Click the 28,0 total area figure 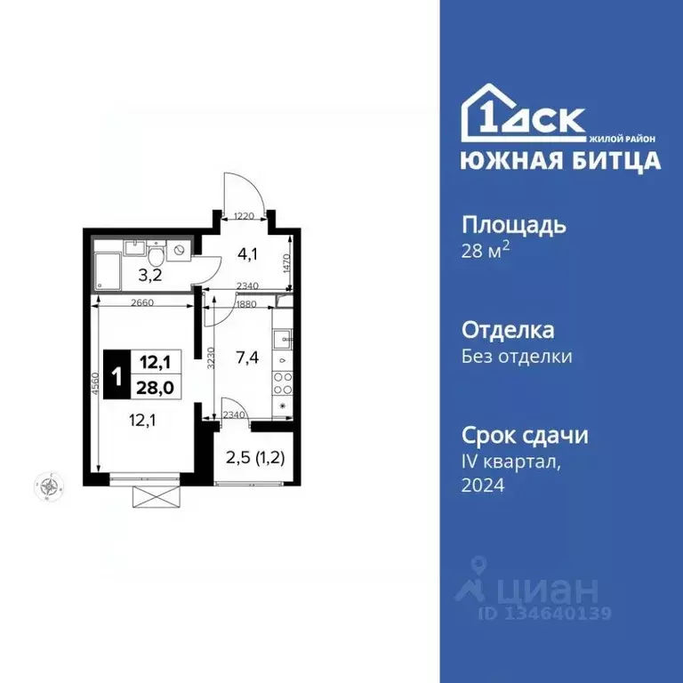(x=155, y=387)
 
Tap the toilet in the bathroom (x=157, y=256)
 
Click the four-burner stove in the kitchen (x=283, y=383)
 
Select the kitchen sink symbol (x=282, y=338)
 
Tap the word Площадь (x=514, y=224)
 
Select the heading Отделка (x=508, y=330)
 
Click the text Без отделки (x=516, y=357)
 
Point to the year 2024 (x=483, y=486)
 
